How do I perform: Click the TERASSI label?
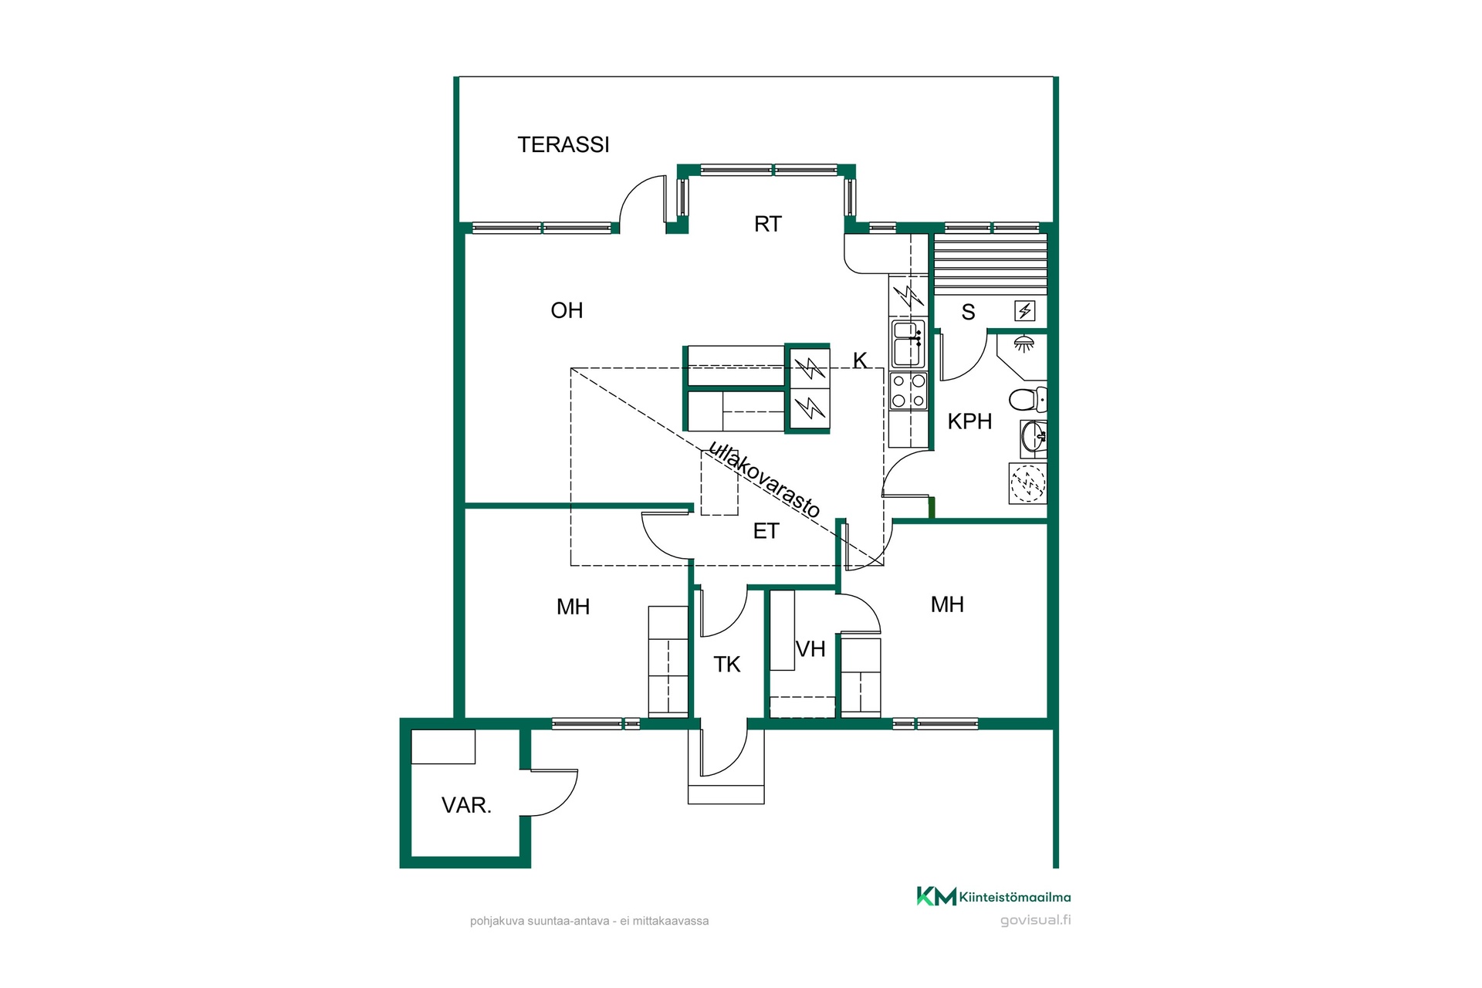click(x=563, y=145)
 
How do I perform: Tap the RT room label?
click(x=768, y=224)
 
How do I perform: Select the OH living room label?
click(x=567, y=310)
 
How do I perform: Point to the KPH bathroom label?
click(x=969, y=421)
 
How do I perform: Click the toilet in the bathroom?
click(x=1027, y=399)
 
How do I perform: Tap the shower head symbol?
click(x=1024, y=343)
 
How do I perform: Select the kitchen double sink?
click(x=908, y=343)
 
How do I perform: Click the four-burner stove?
click(x=908, y=391)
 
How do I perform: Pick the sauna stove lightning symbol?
click(x=1025, y=311)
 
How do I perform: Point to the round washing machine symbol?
click(x=1027, y=483)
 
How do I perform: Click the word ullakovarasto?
click(x=764, y=479)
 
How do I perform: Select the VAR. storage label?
click(x=466, y=805)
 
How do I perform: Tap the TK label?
click(x=727, y=665)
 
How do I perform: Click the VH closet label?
click(x=810, y=649)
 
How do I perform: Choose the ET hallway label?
click(x=766, y=531)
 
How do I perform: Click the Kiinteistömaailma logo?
click(x=993, y=896)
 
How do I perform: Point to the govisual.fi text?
click(x=1035, y=920)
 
